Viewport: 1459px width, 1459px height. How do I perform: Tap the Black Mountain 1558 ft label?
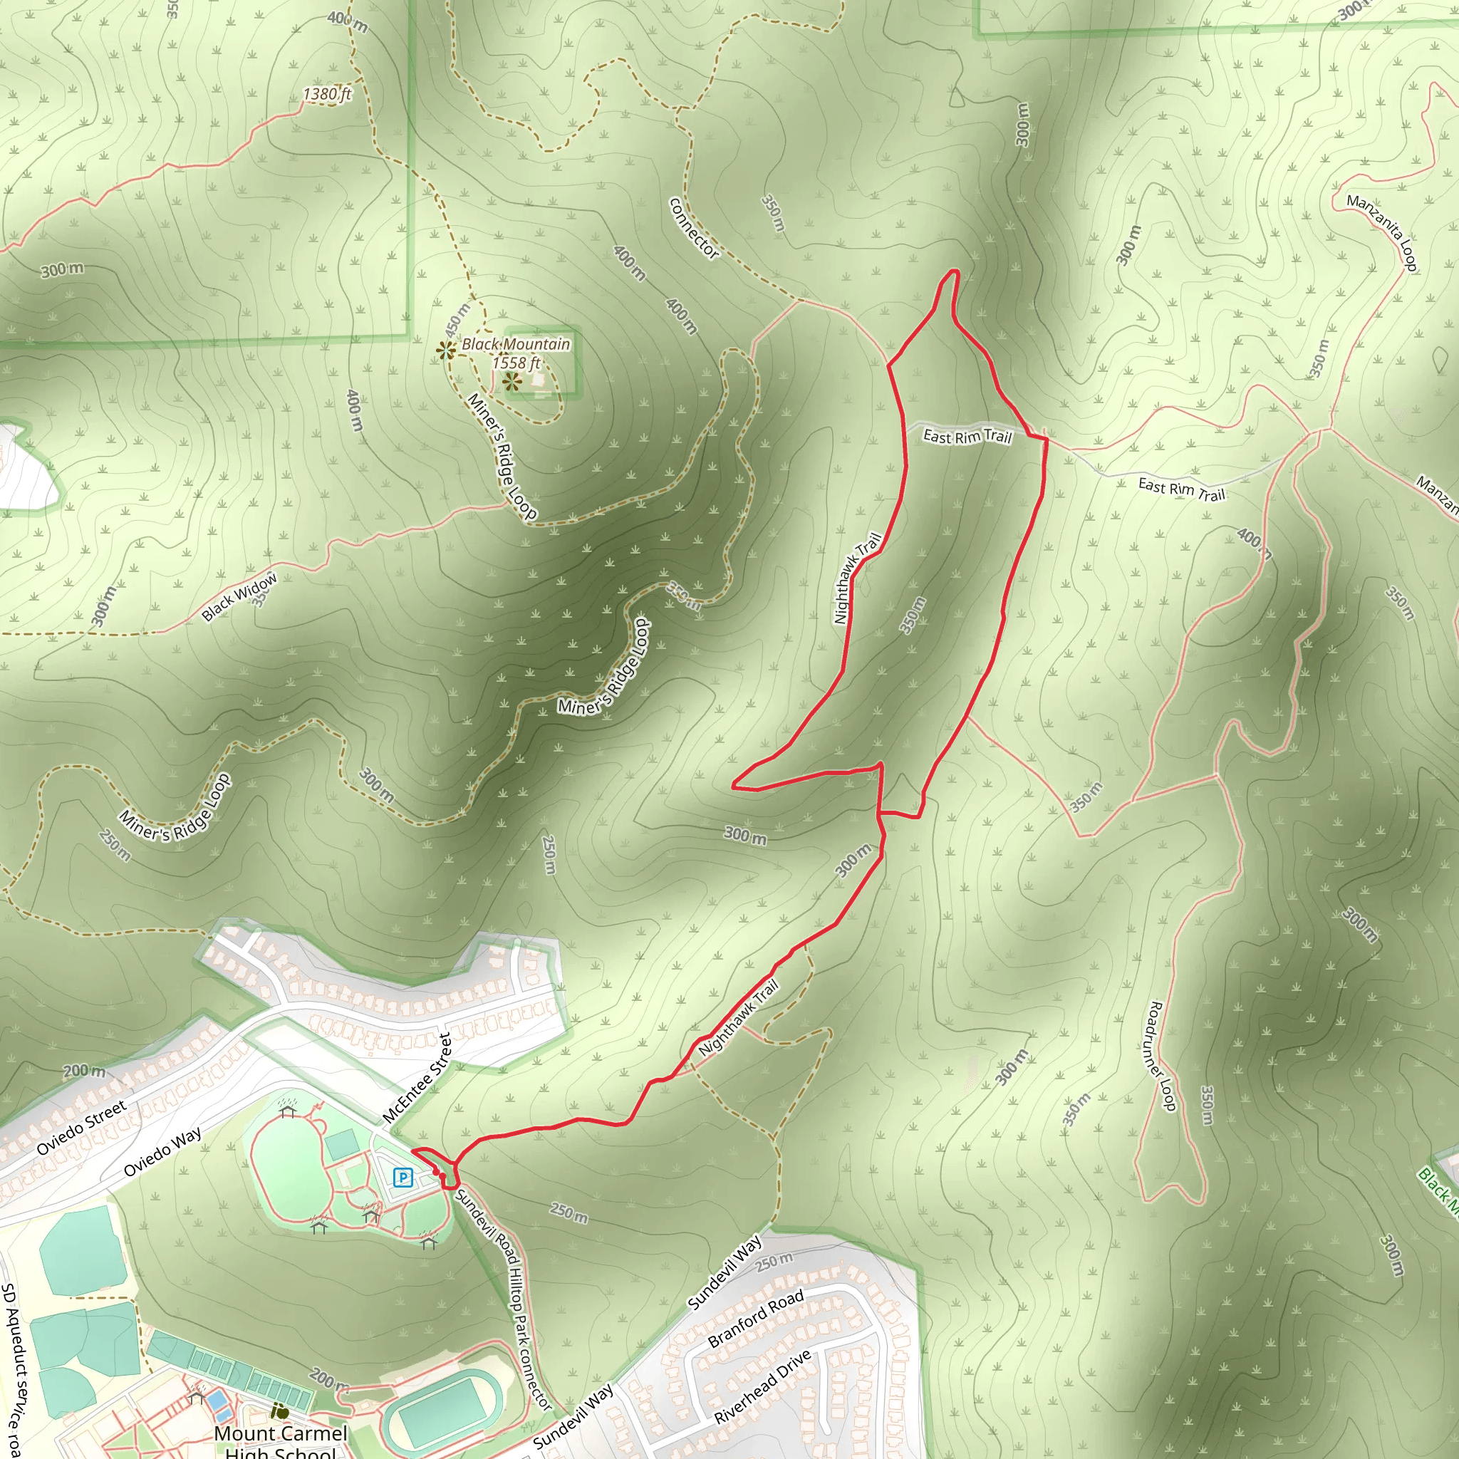[x=516, y=353]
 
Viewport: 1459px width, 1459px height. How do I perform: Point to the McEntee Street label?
[x=417, y=1078]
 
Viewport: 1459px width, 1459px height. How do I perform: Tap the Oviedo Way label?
[x=162, y=1152]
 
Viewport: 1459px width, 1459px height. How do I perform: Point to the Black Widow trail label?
[x=239, y=596]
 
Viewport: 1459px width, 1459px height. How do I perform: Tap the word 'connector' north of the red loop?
[x=694, y=228]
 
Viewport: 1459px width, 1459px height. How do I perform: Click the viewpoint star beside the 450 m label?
[x=445, y=350]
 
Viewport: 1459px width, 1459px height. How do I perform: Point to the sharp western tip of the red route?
[x=734, y=787]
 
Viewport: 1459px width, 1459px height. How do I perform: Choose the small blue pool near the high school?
[x=218, y=1401]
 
